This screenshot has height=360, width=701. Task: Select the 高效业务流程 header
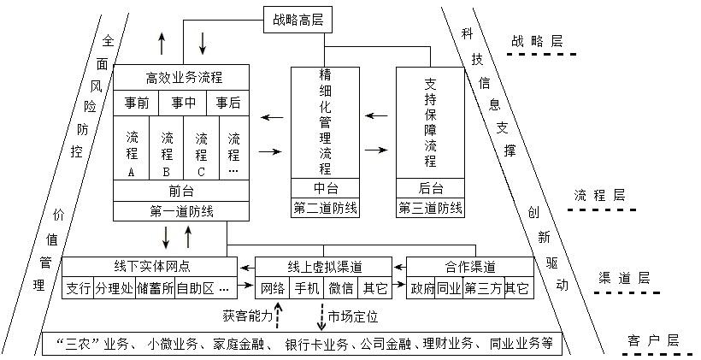click(184, 78)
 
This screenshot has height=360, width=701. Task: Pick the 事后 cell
click(228, 103)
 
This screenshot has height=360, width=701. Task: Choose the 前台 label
click(181, 191)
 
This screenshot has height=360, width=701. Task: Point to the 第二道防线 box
click(325, 208)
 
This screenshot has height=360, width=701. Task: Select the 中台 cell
click(325, 188)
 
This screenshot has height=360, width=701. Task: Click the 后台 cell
click(431, 188)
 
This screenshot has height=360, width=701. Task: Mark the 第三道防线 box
click(431, 208)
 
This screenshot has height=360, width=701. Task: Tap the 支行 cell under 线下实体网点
click(78, 288)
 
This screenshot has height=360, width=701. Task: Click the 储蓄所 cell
click(156, 288)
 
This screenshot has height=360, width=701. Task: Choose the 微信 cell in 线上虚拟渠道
click(341, 288)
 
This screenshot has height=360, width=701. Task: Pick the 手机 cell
click(307, 288)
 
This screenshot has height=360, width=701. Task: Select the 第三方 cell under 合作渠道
click(483, 288)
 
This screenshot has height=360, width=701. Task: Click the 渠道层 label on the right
click(624, 278)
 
